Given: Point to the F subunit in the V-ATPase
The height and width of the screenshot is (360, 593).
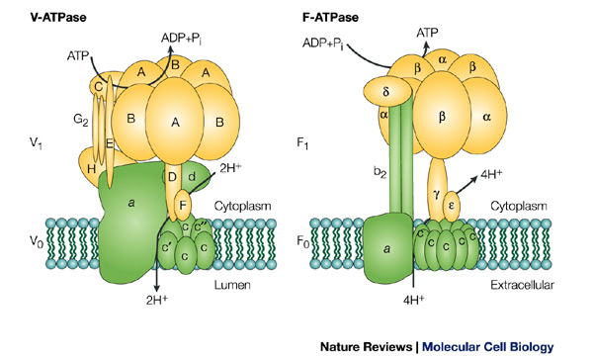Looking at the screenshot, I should pyautogui.click(x=183, y=207).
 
